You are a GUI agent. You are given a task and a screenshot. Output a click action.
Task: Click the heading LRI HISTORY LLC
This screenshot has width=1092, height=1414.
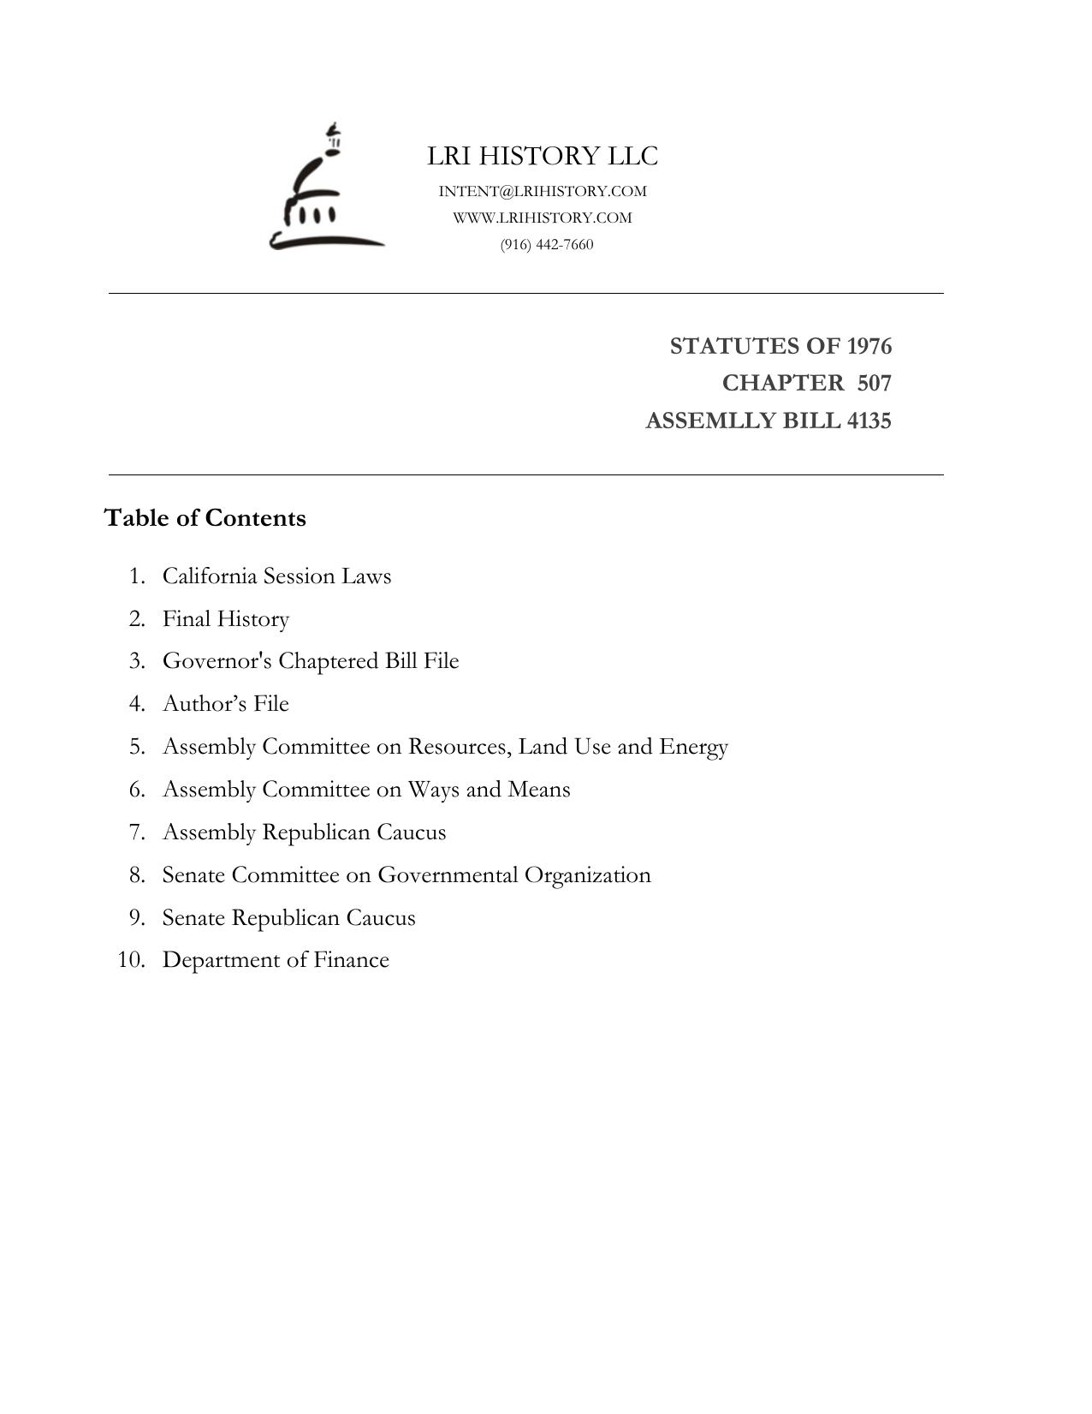tap(543, 157)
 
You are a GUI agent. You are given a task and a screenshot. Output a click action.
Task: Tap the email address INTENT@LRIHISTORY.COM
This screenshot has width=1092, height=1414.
tap(543, 191)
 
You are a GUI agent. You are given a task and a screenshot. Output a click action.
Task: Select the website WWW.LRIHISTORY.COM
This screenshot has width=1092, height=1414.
tap(543, 218)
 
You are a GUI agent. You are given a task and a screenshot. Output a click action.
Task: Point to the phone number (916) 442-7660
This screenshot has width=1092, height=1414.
tap(547, 245)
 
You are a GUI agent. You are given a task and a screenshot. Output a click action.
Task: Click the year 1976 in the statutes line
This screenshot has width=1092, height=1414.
tap(869, 346)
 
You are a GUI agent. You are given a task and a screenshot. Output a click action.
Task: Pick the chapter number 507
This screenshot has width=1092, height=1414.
tap(874, 383)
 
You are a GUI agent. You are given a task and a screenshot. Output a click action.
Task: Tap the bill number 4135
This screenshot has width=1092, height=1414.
tap(869, 421)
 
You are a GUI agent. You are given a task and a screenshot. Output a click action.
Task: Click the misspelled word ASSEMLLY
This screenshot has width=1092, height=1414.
tap(699, 421)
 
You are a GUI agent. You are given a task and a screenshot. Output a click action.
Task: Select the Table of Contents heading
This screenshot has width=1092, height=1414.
tap(205, 518)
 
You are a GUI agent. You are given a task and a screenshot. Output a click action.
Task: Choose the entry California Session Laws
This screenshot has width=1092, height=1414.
tap(276, 576)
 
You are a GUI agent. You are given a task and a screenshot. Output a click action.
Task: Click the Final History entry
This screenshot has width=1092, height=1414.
tap(226, 619)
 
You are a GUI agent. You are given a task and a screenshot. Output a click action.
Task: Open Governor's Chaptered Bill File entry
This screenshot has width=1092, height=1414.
tap(311, 661)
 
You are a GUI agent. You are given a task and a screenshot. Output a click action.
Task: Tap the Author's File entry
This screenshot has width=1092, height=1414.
tap(226, 704)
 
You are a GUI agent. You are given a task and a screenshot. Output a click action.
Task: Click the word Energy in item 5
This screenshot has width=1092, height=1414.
tap(693, 747)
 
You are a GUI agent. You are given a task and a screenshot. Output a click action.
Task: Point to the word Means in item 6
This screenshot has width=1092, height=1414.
tap(539, 790)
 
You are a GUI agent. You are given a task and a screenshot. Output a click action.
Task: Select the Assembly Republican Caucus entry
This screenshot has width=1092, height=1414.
tap(304, 832)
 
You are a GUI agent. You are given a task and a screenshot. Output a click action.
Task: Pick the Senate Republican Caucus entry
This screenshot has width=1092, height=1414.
tap(288, 918)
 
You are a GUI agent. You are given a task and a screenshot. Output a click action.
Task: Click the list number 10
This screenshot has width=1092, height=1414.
tap(131, 960)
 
